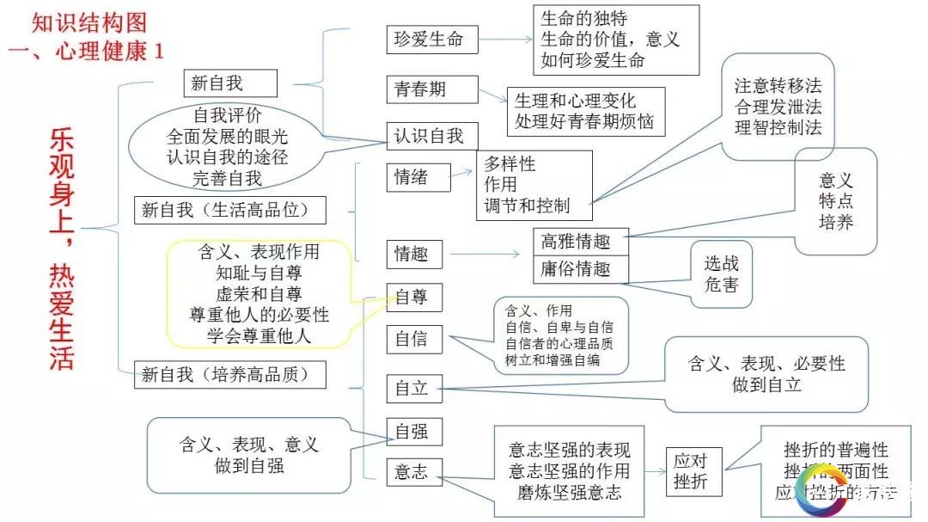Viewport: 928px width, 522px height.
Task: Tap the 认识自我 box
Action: [429, 136]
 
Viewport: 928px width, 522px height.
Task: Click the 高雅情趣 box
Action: [581, 243]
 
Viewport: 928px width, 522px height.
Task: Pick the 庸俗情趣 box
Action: [581, 269]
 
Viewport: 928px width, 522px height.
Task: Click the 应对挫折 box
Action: [693, 471]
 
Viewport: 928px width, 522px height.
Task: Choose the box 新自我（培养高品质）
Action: [233, 375]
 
